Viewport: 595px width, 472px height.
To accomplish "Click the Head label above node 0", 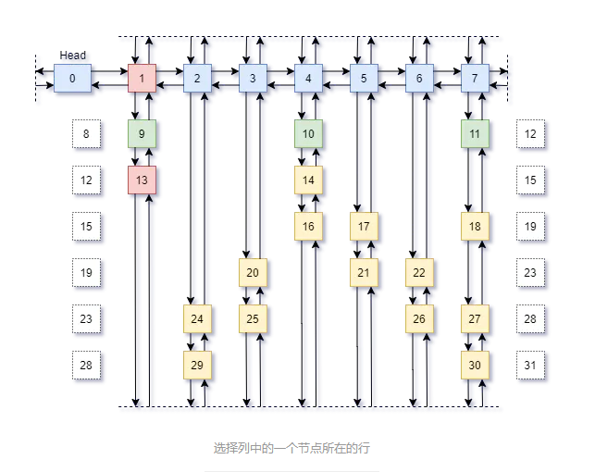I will tap(72, 56).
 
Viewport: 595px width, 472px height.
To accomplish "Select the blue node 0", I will tap(72, 79).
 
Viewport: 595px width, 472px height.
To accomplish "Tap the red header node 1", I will tap(142, 79).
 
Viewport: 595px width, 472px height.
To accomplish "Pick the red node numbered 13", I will tap(142, 180).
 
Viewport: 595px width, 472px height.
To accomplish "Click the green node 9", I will tap(142, 134).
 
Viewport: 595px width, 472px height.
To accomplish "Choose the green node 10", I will tap(308, 134).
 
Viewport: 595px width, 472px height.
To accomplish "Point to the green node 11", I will tap(475, 134).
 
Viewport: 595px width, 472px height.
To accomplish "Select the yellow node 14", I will tap(308, 180).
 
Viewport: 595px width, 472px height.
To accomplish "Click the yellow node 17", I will tap(364, 226).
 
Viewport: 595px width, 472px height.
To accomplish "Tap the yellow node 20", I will tap(253, 272).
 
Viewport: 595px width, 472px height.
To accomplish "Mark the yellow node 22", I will tap(419, 272).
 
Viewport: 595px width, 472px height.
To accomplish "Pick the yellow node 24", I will tap(197, 318).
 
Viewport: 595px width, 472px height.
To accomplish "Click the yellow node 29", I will tap(197, 365).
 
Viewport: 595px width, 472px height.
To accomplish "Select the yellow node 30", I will tap(475, 365).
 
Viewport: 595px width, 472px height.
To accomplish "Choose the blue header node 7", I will tap(475, 79).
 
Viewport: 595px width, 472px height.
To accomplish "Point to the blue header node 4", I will tap(308, 79).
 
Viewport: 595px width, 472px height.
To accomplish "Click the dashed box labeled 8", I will tap(86, 134).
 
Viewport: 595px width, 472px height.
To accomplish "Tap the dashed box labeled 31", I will tap(530, 365).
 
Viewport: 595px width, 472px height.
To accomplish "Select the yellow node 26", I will tap(419, 318).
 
